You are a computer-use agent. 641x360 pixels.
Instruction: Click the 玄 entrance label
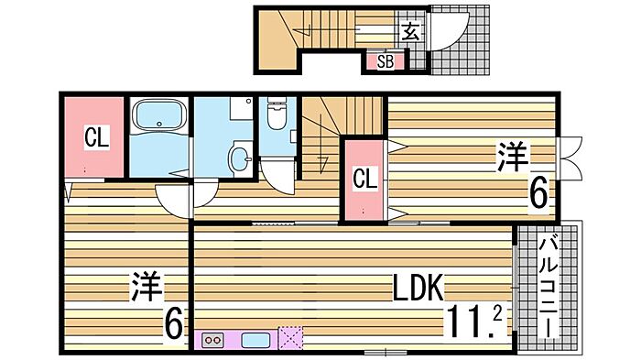410,32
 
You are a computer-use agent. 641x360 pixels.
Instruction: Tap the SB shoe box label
386,61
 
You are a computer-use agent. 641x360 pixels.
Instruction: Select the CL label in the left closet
96,137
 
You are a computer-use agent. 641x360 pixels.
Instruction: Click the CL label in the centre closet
364,179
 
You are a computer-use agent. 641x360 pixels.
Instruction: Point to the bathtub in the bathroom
159,115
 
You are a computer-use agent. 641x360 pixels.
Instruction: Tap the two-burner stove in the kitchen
213,340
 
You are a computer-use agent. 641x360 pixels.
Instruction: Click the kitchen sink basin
255,341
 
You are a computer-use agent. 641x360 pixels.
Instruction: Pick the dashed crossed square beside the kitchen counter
290,338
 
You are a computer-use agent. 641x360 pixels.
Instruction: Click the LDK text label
418,288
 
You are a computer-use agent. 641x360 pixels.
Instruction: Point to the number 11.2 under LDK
474,322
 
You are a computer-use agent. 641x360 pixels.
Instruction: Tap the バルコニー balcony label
549,288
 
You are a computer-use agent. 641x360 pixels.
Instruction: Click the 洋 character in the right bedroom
512,157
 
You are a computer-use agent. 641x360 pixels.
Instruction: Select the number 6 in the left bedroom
173,322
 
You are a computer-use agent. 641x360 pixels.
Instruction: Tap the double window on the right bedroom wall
569,158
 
